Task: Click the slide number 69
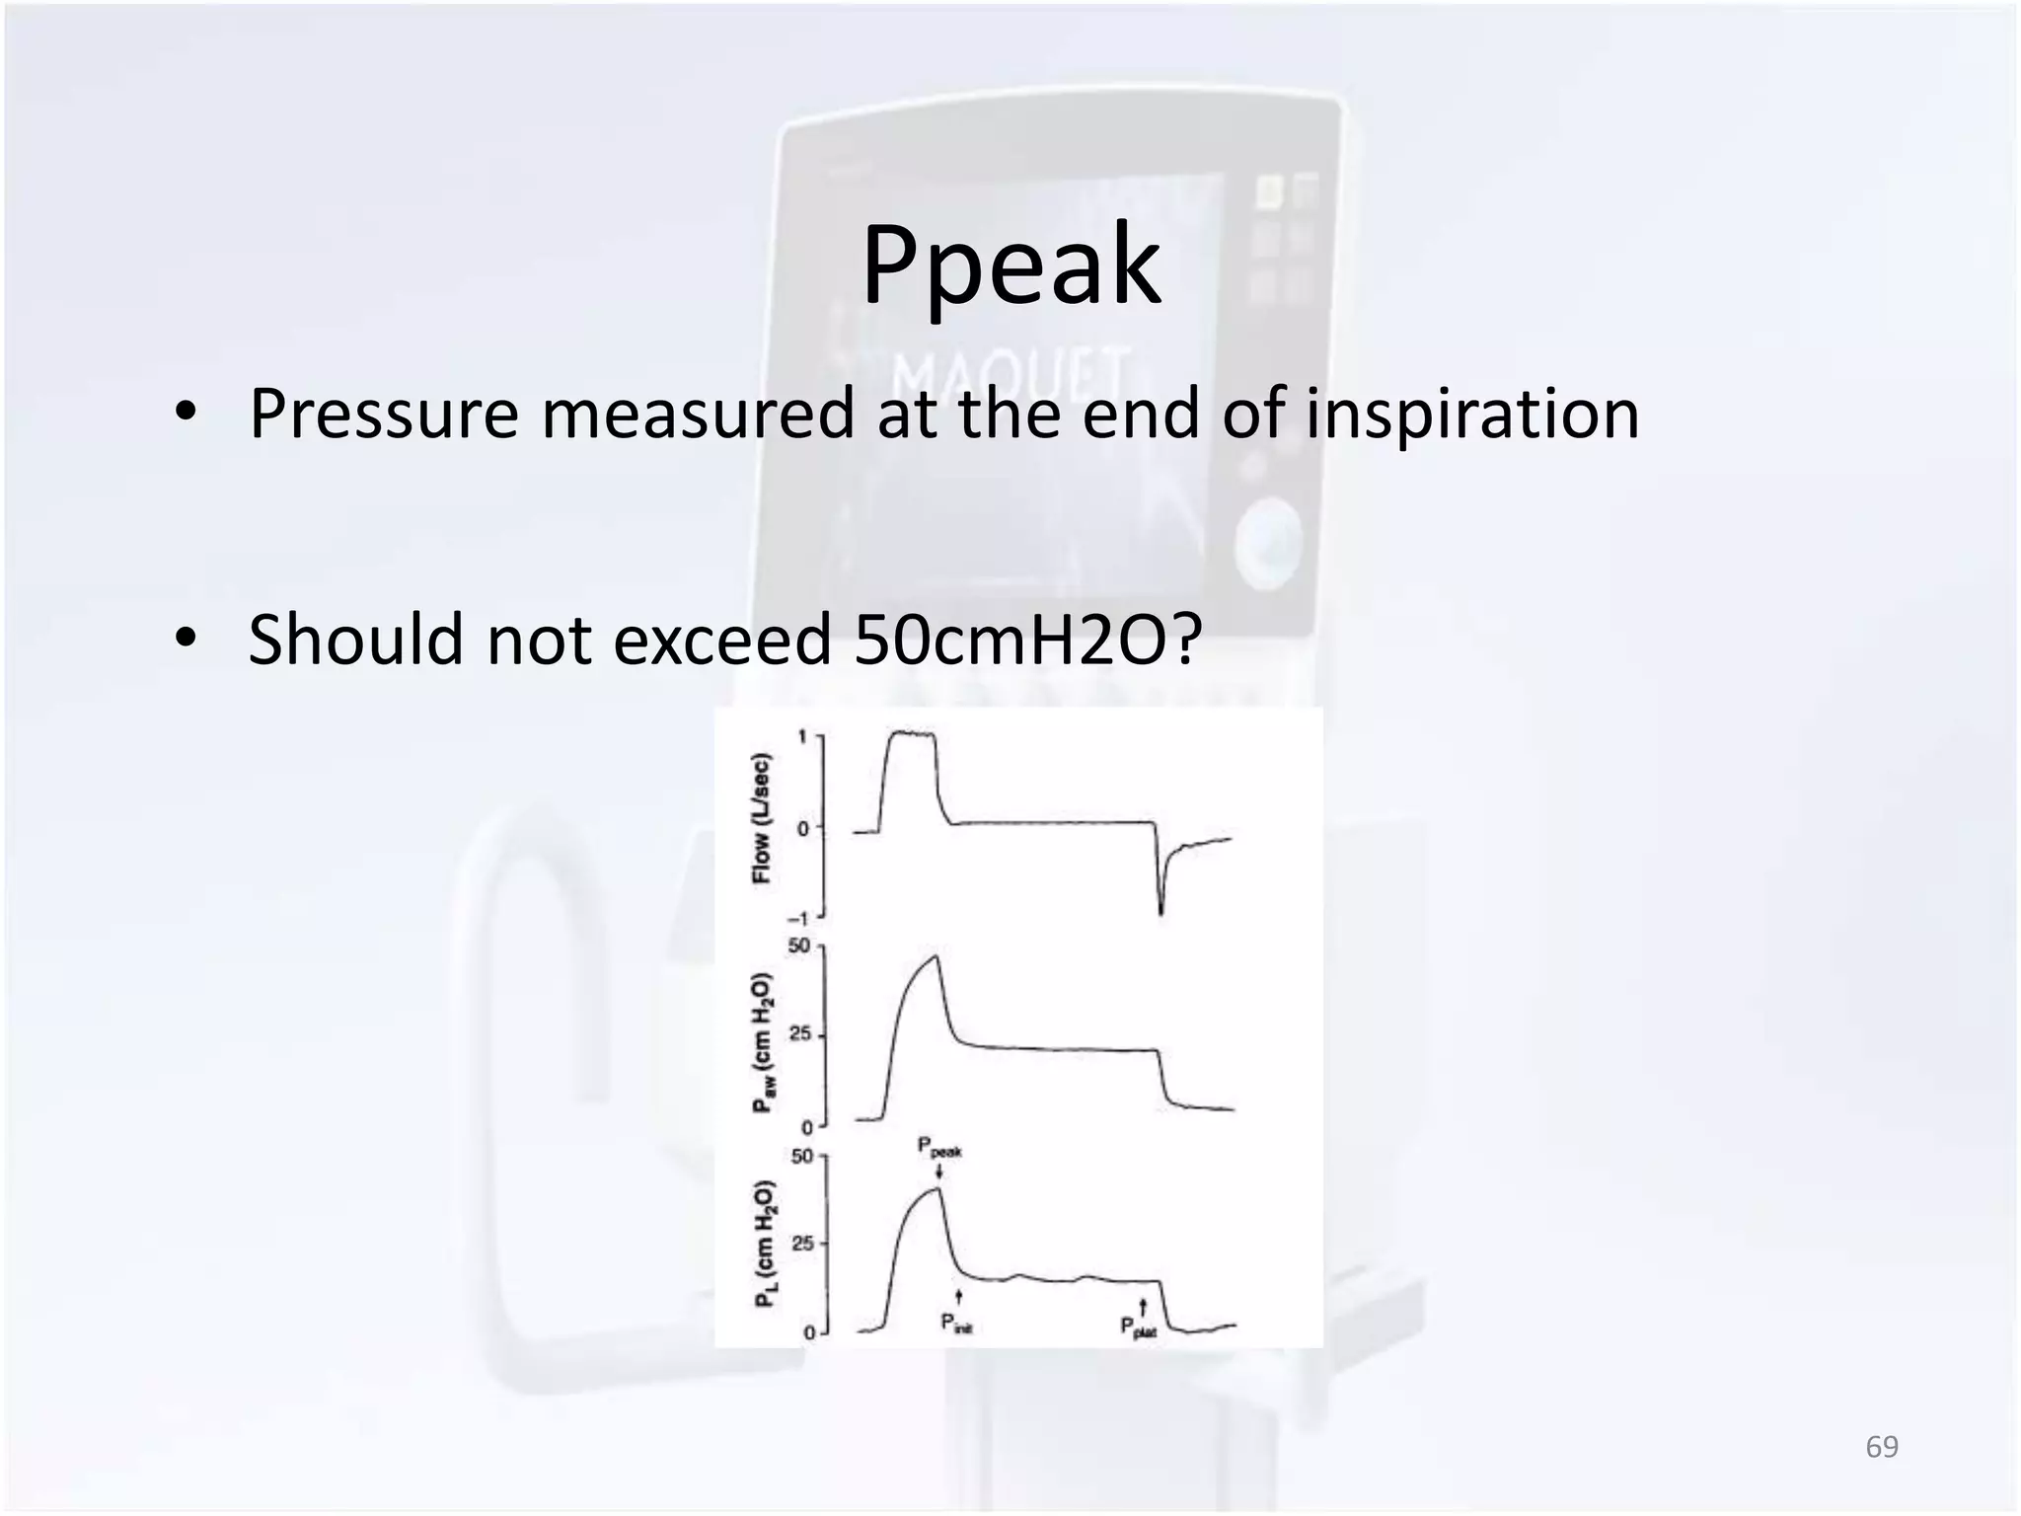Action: coord(1882,1447)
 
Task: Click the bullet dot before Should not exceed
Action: coord(185,639)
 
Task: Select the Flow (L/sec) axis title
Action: coord(761,819)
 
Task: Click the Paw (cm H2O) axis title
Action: coord(763,1042)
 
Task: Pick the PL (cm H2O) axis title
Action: coord(766,1244)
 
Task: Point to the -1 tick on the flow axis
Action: coord(801,918)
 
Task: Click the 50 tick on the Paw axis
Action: coord(798,946)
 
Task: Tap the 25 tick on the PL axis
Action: coord(801,1243)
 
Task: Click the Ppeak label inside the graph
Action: coord(938,1148)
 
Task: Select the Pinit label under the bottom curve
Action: coord(955,1324)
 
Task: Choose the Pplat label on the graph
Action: coord(1138,1327)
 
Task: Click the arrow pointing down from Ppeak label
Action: coord(939,1172)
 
